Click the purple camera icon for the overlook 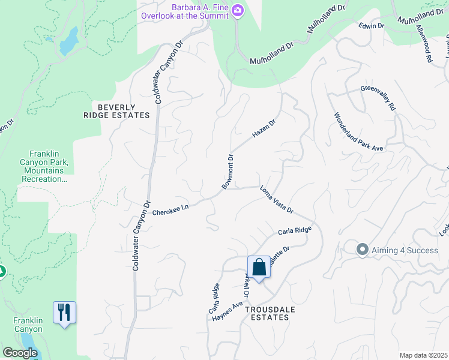click(238, 10)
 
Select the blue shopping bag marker click(259, 267)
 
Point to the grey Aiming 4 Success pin click(362, 249)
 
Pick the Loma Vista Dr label click(276, 200)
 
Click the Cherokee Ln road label click(170, 209)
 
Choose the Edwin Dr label click(371, 26)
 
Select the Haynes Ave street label click(227, 313)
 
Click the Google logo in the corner click(20, 353)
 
